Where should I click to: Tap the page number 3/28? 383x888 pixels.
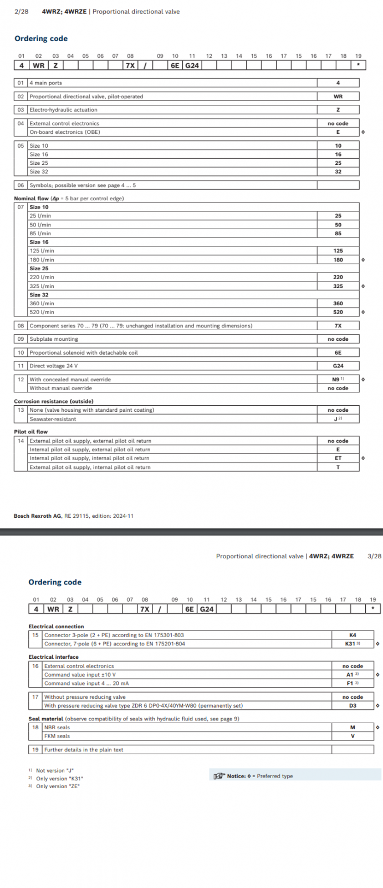pyautogui.click(x=374, y=556)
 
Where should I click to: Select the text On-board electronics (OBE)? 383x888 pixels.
pyautogui.click(x=64, y=132)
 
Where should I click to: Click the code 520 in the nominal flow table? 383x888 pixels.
pyautogui.click(x=338, y=312)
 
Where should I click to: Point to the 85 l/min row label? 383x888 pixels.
pyautogui.click(x=40, y=234)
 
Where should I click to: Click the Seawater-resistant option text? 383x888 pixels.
pyautogui.click(x=53, y=419)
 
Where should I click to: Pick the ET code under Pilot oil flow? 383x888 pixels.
pyautogui.click(x=338, y=458)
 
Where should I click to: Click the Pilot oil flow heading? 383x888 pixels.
pyautogui.click(x=30, y=432)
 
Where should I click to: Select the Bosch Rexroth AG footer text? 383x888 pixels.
pyautogui.click(x=73, y=516)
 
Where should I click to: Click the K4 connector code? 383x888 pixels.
pyautogui.click(x=353, y=635)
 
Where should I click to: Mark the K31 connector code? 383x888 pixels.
pyautogui.click(x=351, y=644)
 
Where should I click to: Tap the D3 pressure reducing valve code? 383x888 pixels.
pyautogui.click(x=353, y=706)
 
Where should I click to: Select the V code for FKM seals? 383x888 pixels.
pyautogui.click(x=353, y=736)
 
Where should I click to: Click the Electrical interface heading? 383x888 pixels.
pyautogui.click(x=53, y=657)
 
